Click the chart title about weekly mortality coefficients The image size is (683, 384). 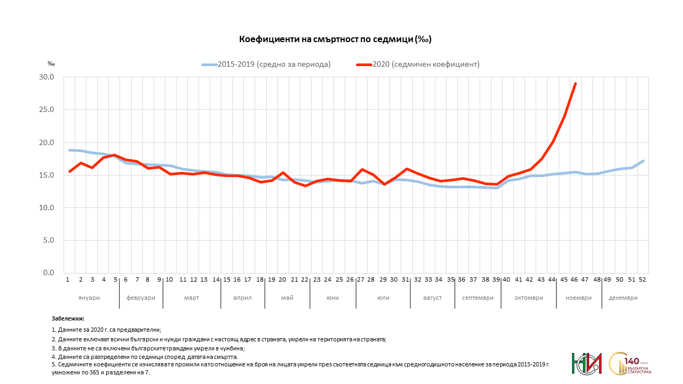click(x=335, y=39)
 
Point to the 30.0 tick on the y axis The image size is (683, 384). click(x=47, y=77)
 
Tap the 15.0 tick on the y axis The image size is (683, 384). click(x=47, y=175)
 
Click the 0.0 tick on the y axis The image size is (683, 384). click(x=49, y=273)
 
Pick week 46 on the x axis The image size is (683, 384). click(x=575, y=279)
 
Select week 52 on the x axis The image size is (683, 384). click(x=642, y=279)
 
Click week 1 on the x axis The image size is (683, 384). click(x=68, y=279)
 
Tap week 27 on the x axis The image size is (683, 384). click(x=361, y=279)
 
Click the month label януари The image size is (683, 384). click(x=89, y=298)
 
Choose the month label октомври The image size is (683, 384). click(x=528, y=298)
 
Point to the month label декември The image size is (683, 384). click(x=623, y=298)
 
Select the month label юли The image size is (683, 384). click(x=383, y=298)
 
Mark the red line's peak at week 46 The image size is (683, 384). click(x=575, y=84)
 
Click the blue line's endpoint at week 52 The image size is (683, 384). click(x=643, y=161)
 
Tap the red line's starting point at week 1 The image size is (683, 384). click(x=69, y=171)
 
